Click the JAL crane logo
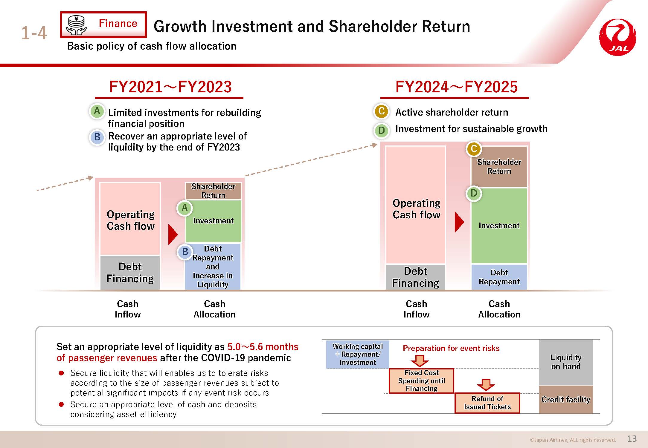[x=618, y=37]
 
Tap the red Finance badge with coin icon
[x=103, y=25]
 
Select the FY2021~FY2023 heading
[x=170, y=87]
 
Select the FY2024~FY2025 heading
[x=456, y=87]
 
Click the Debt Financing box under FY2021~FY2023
[x=130, y=272]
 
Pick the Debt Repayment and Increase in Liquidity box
[x=213, y=266]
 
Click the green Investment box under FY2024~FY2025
[x=499, y=225]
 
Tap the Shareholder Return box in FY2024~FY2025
[x=499, y=167]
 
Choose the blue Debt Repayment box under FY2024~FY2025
[x=499, y=277]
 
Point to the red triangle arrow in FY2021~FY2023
[x=173, y=234]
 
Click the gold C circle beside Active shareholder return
[x=381, y=111]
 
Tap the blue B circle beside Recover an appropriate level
[x=97, y=137]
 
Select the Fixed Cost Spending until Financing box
[x=421, y=381]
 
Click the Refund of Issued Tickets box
[x=487, y=403]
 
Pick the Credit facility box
[x=566, y=400]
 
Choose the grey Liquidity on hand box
[x=566, y=362]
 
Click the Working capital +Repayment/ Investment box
[x=358, y=354]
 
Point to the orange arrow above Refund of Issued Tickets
[x=486, y=385]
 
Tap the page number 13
[x=632, y=438]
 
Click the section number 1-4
[x=34, y=33]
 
